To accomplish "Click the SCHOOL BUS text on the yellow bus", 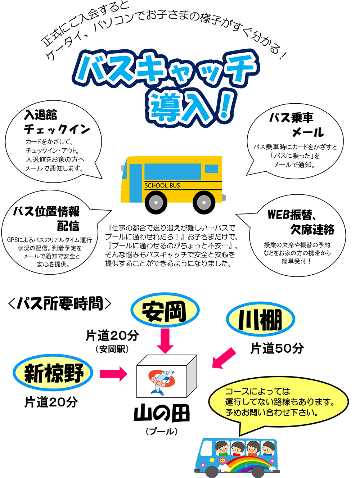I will click(162, 185).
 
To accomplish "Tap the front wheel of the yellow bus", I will click(156, 202).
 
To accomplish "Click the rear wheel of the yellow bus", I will click(204, 202).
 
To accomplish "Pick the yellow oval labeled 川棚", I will click(260, 319).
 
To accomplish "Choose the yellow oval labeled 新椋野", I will click(53, 373).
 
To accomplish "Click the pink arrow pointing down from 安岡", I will click(165, 341).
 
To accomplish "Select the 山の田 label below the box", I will click(162, 414).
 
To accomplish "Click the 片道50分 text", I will click(277, 348).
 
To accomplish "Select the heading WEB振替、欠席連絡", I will click(301, 222).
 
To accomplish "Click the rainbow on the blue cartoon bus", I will click(248, 464).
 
